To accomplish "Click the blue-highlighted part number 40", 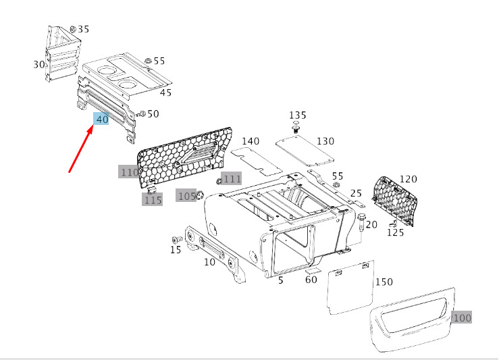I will click(x=101, y=120).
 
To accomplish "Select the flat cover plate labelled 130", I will click(x=305, y=151).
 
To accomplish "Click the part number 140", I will click(x=250, y=141).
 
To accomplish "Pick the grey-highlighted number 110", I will click(x=129, y=172).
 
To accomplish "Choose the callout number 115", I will click(x=153, y=200).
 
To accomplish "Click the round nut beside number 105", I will click(x=201, y=196).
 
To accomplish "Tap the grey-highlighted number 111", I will click(x=232, y=179).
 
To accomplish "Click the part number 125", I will click(x=395, y=232).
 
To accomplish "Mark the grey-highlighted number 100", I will click(x=462, y=317).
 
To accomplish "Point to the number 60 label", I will click(x=311, y=280).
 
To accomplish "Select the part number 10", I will click(x=209, y=262).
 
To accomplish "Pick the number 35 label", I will click(x=83, y=29).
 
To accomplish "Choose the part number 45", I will click(x=165, y=93).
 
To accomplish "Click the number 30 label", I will click(x=39, y=64).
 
